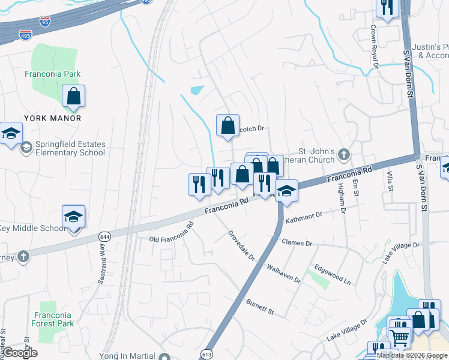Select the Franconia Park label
(x=53, y=74)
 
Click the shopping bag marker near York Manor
(x=73, y=97)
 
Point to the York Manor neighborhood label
(x=53, y=118)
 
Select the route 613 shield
(x=206, y=354)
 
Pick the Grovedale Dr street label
(x=241, y=246)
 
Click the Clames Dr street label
(x=297, y=243)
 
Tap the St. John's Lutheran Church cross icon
(x=343, y=154)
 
